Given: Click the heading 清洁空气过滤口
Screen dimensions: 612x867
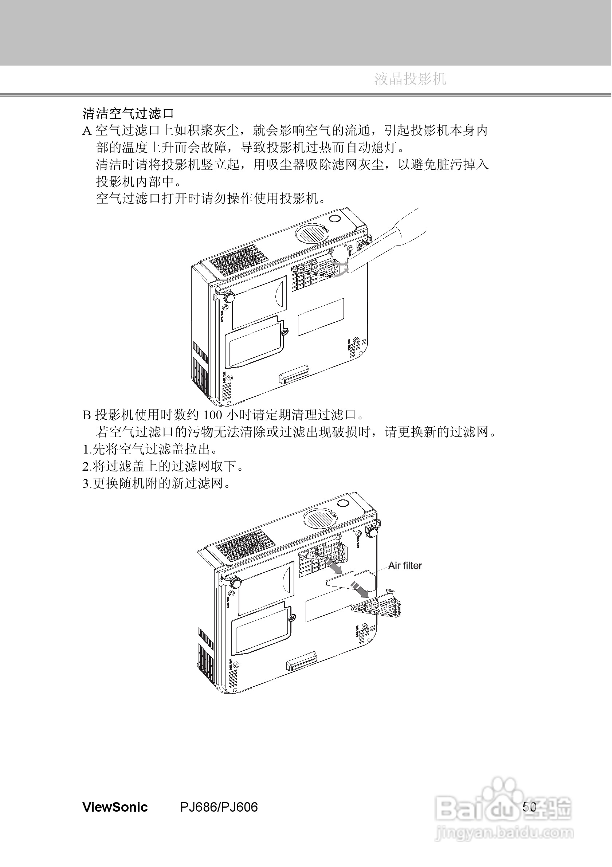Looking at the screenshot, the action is (128, 113).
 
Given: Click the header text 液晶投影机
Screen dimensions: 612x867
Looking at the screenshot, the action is (410, 79).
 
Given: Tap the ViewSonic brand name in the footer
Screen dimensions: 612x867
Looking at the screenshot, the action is (115, 808).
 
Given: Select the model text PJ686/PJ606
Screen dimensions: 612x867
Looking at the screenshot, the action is (219, 808).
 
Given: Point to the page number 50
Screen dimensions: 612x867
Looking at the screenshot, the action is (529, 807).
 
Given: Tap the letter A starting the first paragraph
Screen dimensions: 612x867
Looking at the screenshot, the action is (87, 131).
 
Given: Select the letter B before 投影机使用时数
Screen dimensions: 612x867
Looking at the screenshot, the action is (86, 415).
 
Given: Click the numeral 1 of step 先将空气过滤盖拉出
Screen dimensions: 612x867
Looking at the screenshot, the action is (85, 450).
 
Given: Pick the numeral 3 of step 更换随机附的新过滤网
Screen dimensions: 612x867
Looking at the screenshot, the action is (85, 484).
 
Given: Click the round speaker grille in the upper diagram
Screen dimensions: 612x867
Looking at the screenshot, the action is (311, 234).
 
